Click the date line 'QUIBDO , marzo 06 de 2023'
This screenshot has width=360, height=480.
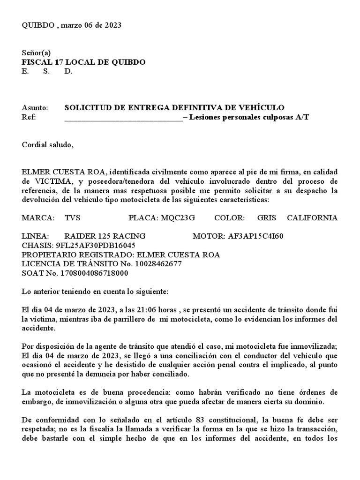(x=72, y=25)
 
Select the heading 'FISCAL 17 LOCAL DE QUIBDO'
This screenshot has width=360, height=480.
(x=83, y=62)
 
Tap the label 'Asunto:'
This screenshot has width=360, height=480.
(x=35, y=107)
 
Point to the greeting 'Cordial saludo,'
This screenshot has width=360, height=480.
(x=48, y=144)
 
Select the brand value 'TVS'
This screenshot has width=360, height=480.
(x=73, y=218)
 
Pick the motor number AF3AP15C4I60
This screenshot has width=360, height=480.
(x=255, y=236)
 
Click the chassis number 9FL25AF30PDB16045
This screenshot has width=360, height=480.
(x=96, y=245)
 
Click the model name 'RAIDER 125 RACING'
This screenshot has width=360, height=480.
(x=105, y=236)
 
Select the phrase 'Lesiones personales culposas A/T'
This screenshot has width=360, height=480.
(x=249, y=117)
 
